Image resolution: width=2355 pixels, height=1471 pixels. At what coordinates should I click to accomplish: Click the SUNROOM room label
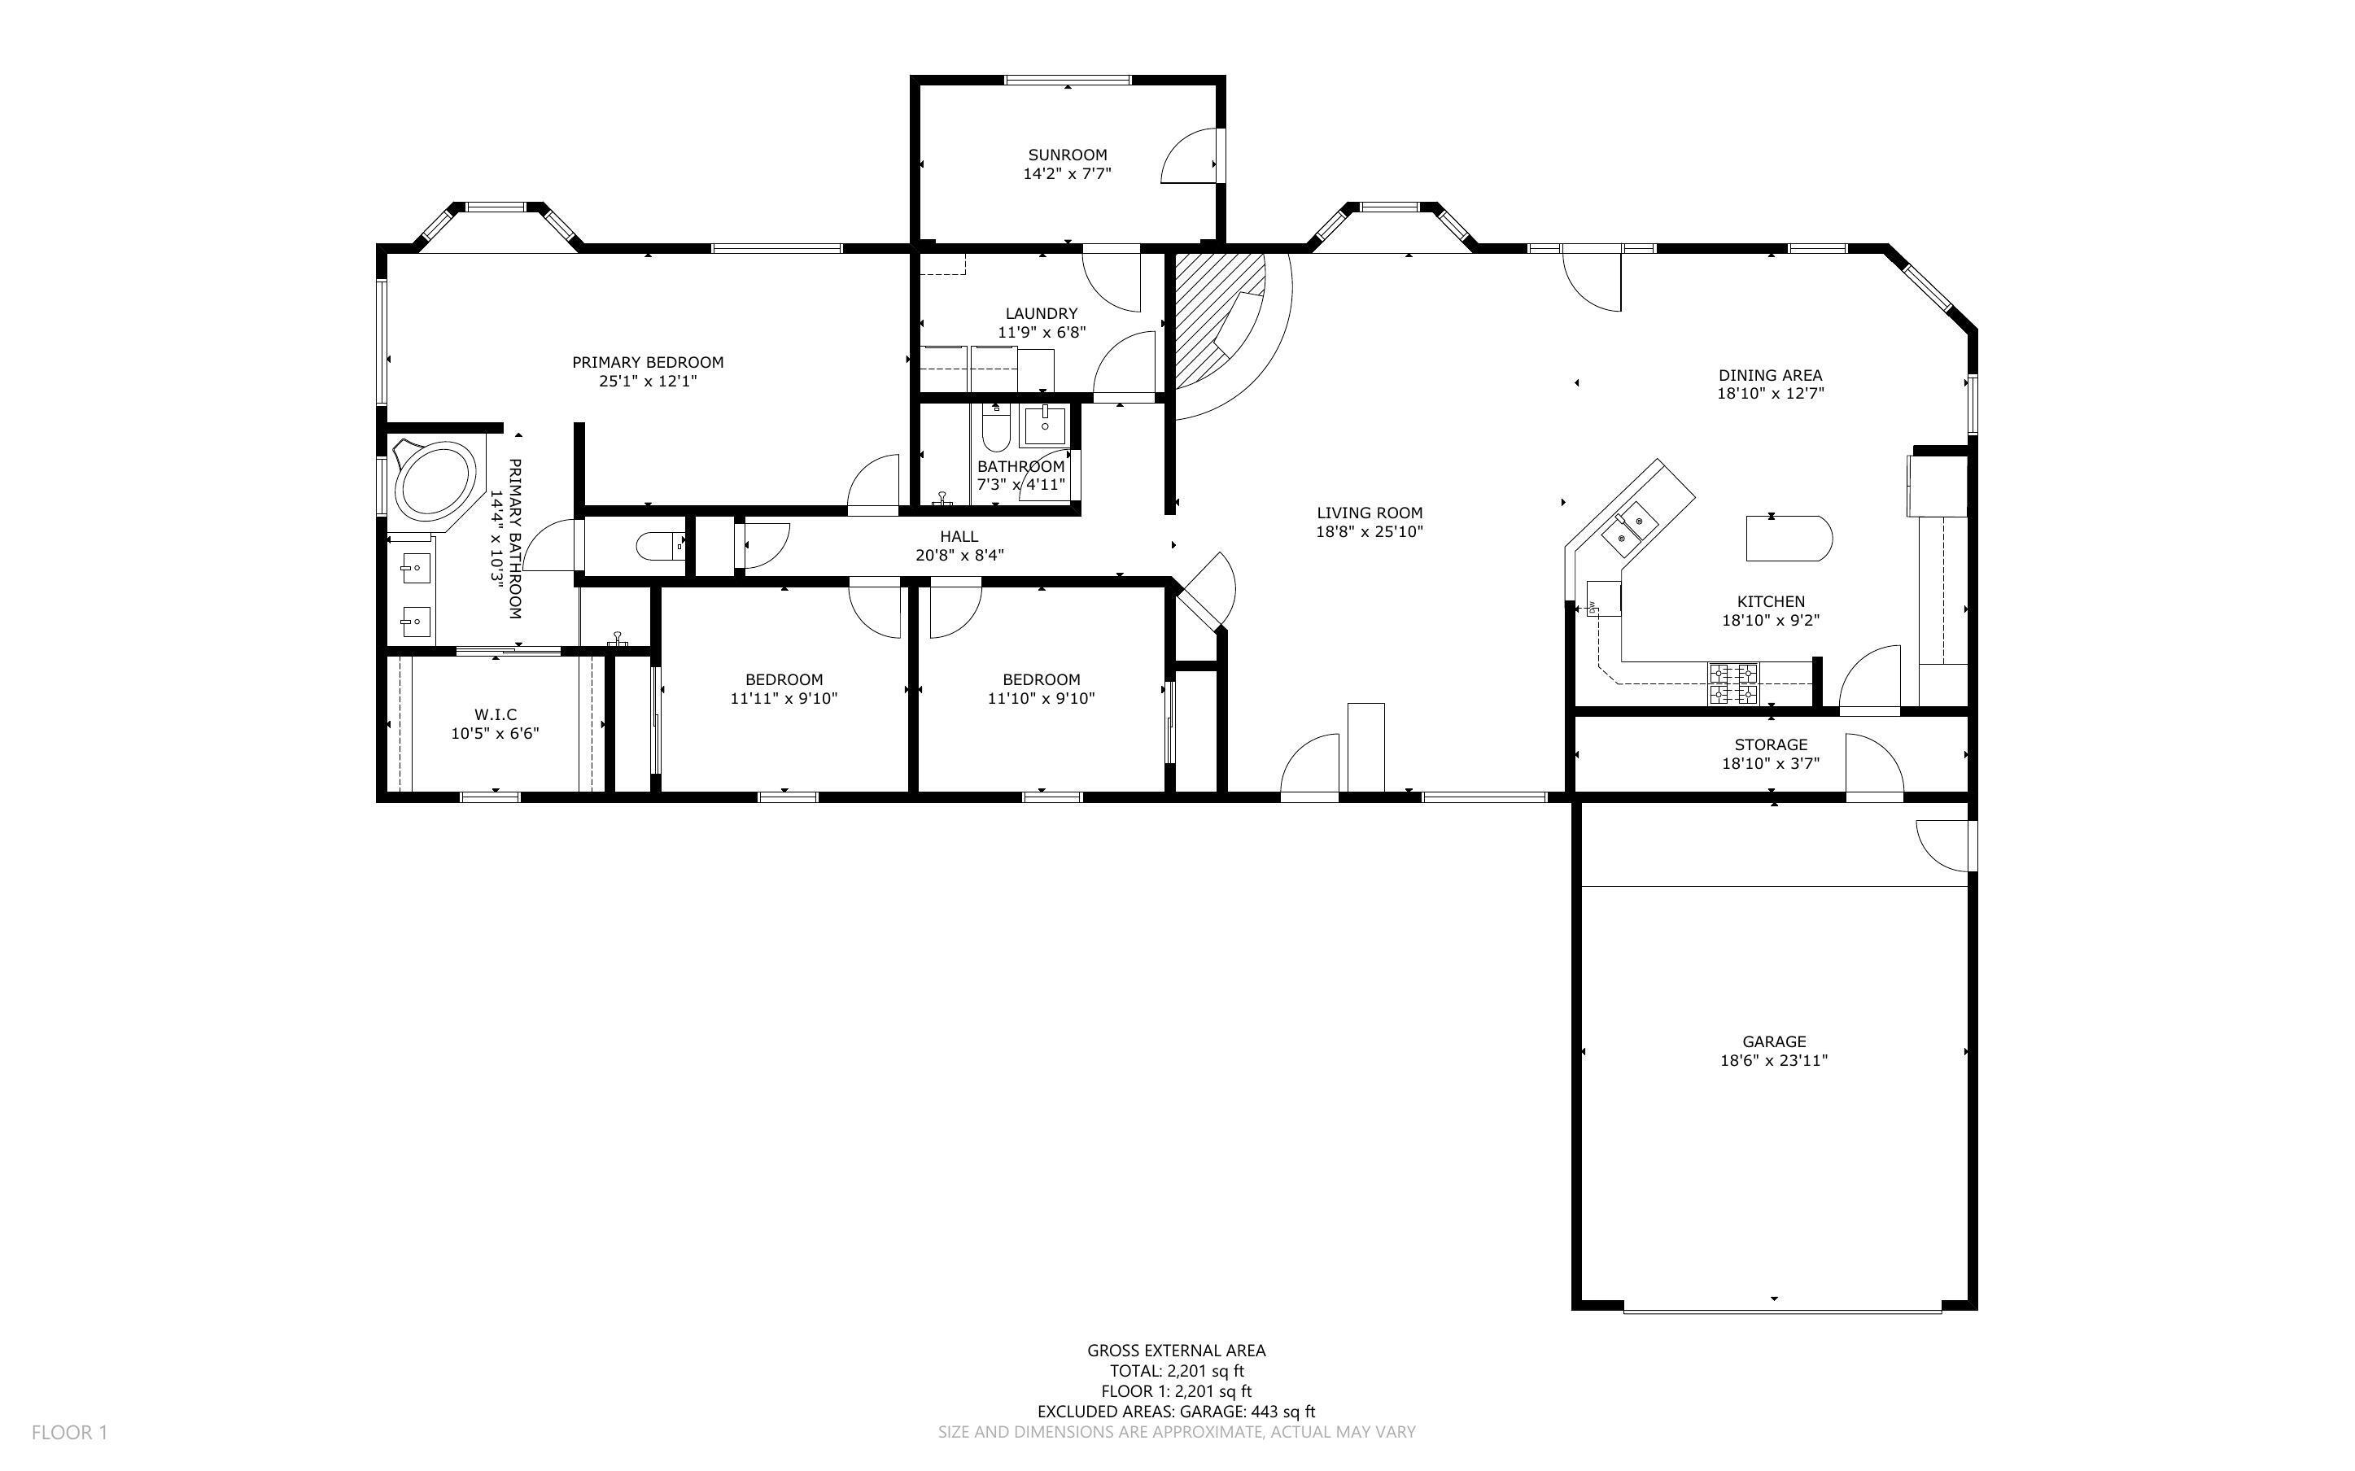point(1067,155)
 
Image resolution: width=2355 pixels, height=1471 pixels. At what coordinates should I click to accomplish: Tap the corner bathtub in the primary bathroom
point(435,481)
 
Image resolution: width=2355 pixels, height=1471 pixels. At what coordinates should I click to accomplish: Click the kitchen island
point(1788,538)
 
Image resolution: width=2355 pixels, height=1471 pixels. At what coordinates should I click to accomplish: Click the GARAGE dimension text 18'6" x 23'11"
point(1773,1060)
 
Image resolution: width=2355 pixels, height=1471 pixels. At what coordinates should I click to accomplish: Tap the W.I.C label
point(495,714)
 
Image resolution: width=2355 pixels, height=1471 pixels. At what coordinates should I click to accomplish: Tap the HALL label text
point(959,536)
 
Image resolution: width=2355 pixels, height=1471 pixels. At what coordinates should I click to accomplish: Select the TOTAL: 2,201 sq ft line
point(1176,1371)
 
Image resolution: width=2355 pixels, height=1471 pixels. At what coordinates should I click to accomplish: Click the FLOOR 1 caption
point(69,1432)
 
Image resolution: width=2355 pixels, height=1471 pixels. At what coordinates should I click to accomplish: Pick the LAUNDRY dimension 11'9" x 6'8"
point(1041,332)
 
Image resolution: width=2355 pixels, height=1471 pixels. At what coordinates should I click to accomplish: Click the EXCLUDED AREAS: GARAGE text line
point(1176,1412)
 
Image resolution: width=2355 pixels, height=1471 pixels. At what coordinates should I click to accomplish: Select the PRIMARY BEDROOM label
point(647,362)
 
